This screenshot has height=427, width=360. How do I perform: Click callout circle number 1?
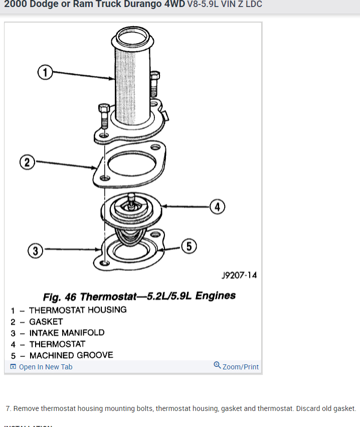(x=45, y=73)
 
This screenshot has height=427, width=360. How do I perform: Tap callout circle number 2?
(x=27, y=162)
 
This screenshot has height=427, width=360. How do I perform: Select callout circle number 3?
(x=35, y=251)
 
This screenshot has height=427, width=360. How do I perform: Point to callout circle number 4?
(x=217, y=206)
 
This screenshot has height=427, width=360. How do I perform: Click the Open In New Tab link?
(x=46, y=367)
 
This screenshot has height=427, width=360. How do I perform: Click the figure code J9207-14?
(x=239, y=275)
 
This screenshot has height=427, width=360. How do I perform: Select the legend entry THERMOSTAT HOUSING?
(x=78, y=310)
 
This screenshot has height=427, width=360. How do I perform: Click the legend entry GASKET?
(x=46, y=322)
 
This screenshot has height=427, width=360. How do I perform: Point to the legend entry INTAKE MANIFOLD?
(x=67, y=333)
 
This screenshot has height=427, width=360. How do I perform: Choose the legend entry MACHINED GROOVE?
(x=71, y=355)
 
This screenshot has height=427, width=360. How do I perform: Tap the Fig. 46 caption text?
(x=139, y=296)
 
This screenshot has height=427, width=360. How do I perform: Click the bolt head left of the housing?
(x=104, y=109)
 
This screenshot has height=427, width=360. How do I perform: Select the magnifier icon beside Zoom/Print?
(x=217, y=365)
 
